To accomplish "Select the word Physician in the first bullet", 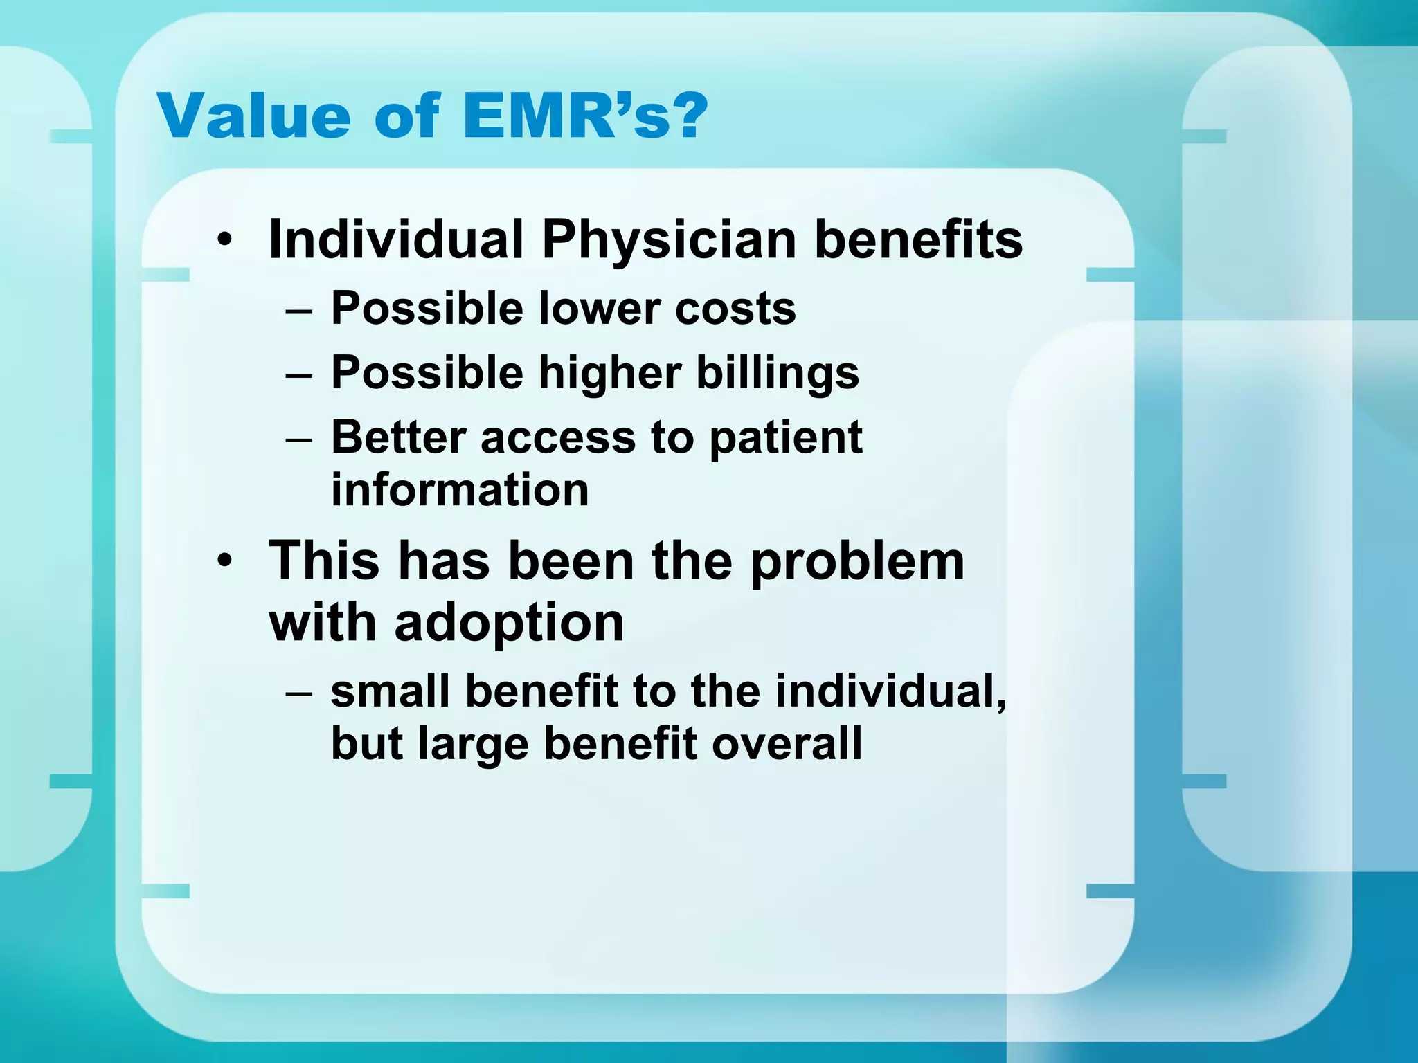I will pyautogui.click(x=668, y=240).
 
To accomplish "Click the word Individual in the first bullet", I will pyautogui.click(x=395, y=240).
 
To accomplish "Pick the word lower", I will pyautogui.click(x=598, y=309).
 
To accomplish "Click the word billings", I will pyautogui.click(x=777, y=374).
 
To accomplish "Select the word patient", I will pyautogui.click(x=786, y=439).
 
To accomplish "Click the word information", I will pyautogui.click(x=460, y=490).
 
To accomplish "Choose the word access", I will pyautogui.click(x=557, y=439).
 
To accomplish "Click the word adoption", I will pyautogui.click(x=509, y=622).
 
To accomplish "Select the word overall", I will pyautogui.click(x=787, y=744).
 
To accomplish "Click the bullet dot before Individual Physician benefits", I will pyautogui.click(x=223, y=242).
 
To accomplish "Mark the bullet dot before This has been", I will pyautogui.click(x=223, y=561).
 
